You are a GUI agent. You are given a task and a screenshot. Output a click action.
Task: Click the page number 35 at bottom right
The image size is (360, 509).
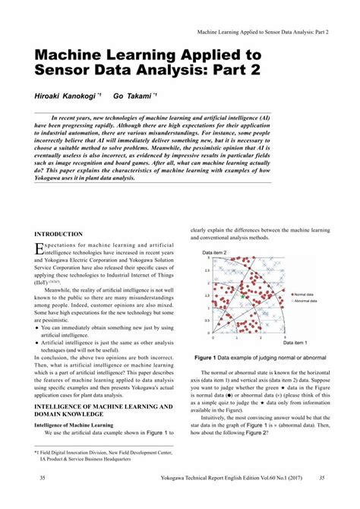tap(322, 499)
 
